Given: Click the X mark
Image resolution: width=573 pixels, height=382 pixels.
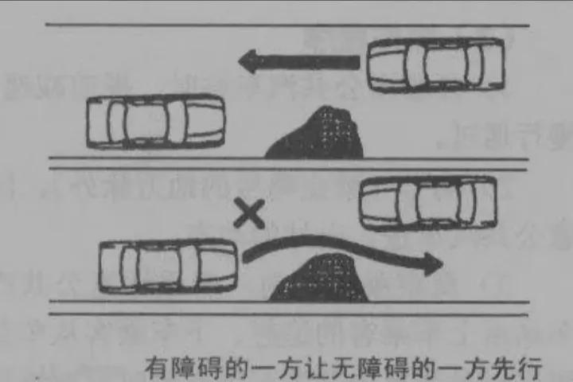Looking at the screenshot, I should (x=249, y=213).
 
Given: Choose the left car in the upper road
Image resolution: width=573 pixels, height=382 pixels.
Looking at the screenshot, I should (x=155, y=122).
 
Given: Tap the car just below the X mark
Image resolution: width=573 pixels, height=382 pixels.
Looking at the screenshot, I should (x=168, y=267).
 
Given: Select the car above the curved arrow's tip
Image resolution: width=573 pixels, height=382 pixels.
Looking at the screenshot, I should (x=429, y=203).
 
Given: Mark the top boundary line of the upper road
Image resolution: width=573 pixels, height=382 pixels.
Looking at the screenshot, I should (x=286, y=25).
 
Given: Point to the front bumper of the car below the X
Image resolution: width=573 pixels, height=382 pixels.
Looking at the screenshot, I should (x=232, y=267).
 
